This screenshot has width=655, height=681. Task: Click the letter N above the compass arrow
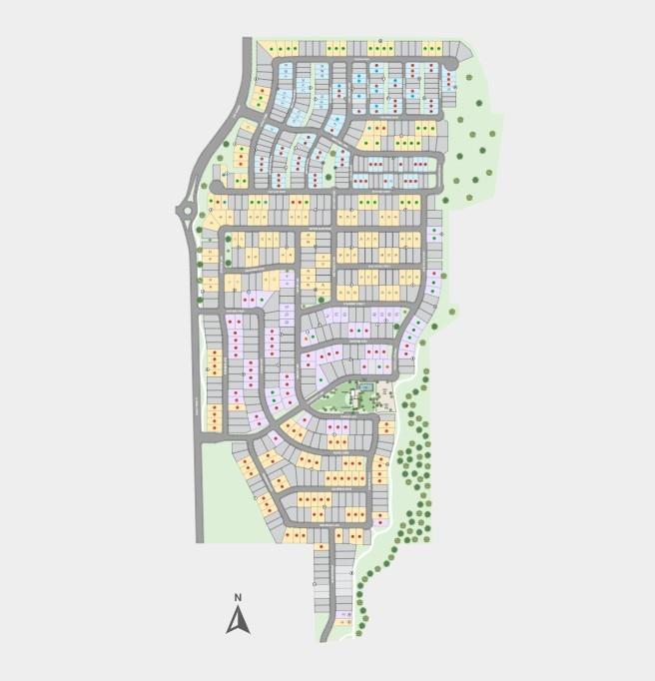point(238,598)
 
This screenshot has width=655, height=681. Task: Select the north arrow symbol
point(238,621)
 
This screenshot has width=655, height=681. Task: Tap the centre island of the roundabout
point(185,210)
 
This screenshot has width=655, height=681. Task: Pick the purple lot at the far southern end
point(344,615)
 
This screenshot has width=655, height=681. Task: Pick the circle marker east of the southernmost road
point(351,573)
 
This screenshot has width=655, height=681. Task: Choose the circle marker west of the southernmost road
point(315,580)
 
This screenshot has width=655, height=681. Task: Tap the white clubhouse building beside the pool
point(354,398)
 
